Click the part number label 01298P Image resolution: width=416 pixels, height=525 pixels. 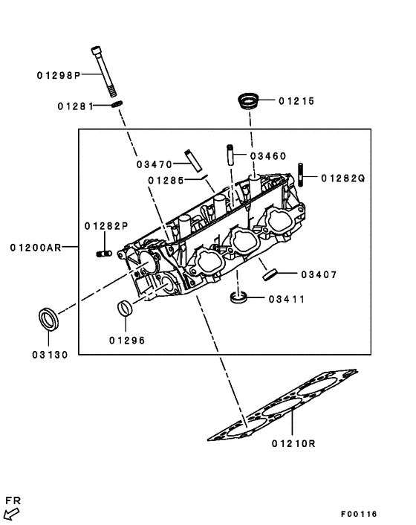click(58, 74)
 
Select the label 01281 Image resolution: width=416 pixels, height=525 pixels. click(74, 106)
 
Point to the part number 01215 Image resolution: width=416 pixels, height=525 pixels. click(297, 100)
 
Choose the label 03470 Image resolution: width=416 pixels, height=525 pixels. click(154, 164)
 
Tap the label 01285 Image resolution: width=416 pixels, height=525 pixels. click(165, 180)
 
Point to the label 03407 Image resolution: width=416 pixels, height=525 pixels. click(319, 274)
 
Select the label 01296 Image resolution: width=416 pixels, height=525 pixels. click(126, 340)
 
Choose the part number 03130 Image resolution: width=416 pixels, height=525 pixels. click(50, 355)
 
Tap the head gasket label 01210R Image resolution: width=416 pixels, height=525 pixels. click(293, 444)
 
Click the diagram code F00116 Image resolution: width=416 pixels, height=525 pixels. click(359, 514)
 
